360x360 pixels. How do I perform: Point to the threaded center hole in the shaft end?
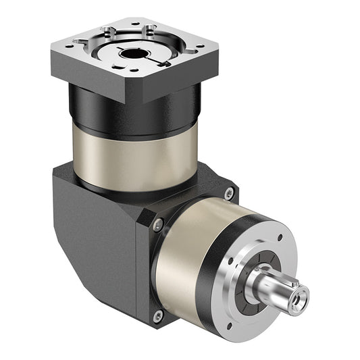299,294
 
